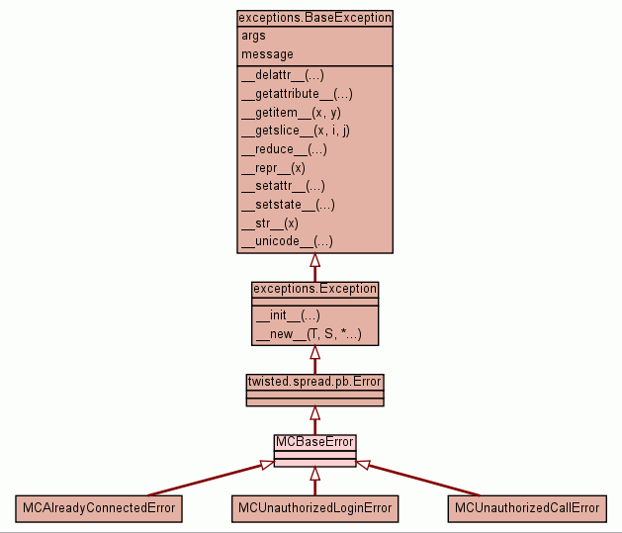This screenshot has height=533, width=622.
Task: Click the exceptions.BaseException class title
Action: pos(314,18)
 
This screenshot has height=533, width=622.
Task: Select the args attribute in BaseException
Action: pos(253,36)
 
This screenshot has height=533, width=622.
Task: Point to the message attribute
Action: pos(267,54)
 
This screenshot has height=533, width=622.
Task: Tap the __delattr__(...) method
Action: pos(283,75)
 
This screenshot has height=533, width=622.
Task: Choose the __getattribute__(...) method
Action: pos(297,94)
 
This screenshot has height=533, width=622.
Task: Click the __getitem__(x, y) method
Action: pos(292,112)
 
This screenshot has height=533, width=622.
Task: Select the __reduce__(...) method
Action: pos(284,149)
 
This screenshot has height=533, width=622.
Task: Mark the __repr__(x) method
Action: pos(273,167)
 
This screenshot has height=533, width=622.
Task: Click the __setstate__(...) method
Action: pos(288,205)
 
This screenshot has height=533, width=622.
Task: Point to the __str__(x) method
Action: pos(270,222)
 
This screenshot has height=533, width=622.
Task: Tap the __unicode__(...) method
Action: pos(287,241)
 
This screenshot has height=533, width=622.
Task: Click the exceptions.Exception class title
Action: pos(314,289)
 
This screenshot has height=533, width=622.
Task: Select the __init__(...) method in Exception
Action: pos(288,316)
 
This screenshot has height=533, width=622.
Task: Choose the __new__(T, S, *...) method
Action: pos(308,335)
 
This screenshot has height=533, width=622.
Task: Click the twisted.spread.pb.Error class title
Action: pos(314,381)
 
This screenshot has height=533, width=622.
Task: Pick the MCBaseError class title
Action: pos(314,441)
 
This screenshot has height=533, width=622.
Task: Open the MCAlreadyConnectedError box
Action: pos(99,508)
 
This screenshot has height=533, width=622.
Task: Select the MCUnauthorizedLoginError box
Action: pos(314,508)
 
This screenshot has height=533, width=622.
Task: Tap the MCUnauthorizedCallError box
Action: pos(527,508)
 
